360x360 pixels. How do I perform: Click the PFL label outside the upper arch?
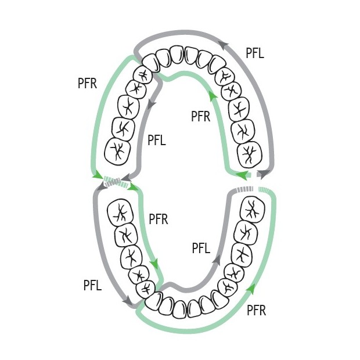click(x=255, y=53)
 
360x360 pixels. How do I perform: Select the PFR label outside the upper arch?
click(x=87, y=84)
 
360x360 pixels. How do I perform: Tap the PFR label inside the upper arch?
click(x=201, y=116)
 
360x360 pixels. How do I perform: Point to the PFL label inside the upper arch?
click(x=157, y=140)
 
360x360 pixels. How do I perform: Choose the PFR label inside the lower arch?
click(x=159, y=219)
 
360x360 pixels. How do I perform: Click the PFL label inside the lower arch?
click(x=201, y=248)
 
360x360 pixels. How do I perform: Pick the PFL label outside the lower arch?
click(x=92, y=285)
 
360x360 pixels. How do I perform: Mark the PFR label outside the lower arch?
click(x=256, y=311)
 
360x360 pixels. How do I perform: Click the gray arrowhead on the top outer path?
click(x=224, y=45)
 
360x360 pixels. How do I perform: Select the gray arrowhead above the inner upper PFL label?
click(x=151, y=105)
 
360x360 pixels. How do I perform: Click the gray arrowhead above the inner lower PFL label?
click(x=216, y=259)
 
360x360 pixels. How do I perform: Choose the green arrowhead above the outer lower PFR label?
click(x=251, y=289)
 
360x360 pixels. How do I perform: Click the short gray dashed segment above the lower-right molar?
click(x=245, y=189)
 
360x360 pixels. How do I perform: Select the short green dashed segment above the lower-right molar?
click(x=265, y=190)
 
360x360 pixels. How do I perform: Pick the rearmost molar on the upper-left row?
click(x=117, y=152)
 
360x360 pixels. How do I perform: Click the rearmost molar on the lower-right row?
click(x=252, y=208)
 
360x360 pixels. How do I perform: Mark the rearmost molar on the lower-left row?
click(x=120, y=213)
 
